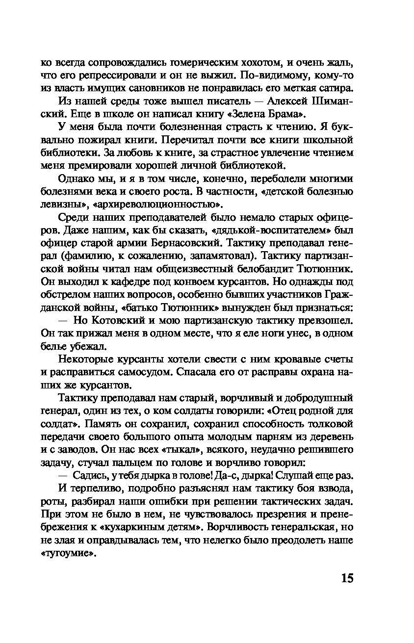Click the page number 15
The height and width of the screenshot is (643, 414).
pos(346,578)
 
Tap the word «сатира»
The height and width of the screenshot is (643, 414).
pos(335,88)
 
